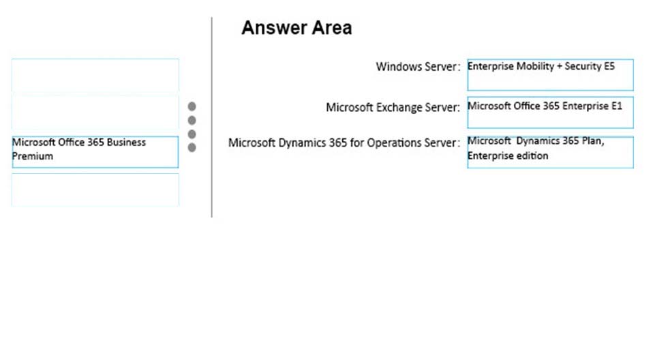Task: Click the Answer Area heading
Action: [x=297, y=28]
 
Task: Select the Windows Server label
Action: [x=418, y=67]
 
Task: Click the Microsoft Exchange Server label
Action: [x=393, y=108]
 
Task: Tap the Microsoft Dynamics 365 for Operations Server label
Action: [x=344, y=143]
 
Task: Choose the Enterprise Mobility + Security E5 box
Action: [x=550, y=75]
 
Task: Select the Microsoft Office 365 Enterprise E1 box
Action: [x=550, y=112]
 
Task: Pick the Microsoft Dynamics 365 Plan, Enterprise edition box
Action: [x=550, y=152]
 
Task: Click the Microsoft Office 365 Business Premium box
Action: [x=95, y=152]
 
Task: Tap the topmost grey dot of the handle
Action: [x=192, y=106]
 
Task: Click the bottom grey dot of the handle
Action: [x=192, y=147]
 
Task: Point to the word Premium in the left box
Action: [x=33, y=156]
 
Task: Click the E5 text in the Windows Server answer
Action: [x=609, y=66]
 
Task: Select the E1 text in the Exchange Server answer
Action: [x=617, y=106]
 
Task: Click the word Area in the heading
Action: [x=331, y=28]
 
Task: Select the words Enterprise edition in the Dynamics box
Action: [x=508, y=156]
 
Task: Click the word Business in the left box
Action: [x=126, y=142]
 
